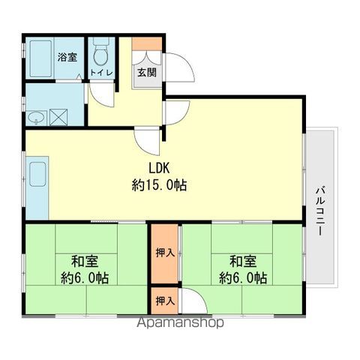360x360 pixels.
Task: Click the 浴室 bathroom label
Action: pos(67,57)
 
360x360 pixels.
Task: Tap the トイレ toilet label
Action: pos(102,73)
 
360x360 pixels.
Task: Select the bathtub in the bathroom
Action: pos(41,58)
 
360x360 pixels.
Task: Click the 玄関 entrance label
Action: pos(147,73)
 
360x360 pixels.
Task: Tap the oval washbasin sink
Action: pos(37,118)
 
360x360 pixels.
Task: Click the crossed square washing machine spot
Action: pos(58,117)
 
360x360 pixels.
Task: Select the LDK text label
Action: pos(159,168)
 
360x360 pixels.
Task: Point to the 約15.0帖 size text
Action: pos(159,185)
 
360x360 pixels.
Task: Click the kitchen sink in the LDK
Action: pos(37,174)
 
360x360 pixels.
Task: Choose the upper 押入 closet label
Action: pos(165,253)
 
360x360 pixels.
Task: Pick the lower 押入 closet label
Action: pos(165,301)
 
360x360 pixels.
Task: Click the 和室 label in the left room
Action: pos(85,261)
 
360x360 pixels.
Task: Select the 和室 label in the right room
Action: pos(243,261)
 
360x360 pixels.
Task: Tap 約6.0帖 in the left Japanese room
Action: pos(85,277)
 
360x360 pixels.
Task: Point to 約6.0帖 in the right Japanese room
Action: pos(243,277)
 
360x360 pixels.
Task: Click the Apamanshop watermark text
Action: pos(180,322)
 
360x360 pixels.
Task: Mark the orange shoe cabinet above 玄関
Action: pos(147,43)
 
